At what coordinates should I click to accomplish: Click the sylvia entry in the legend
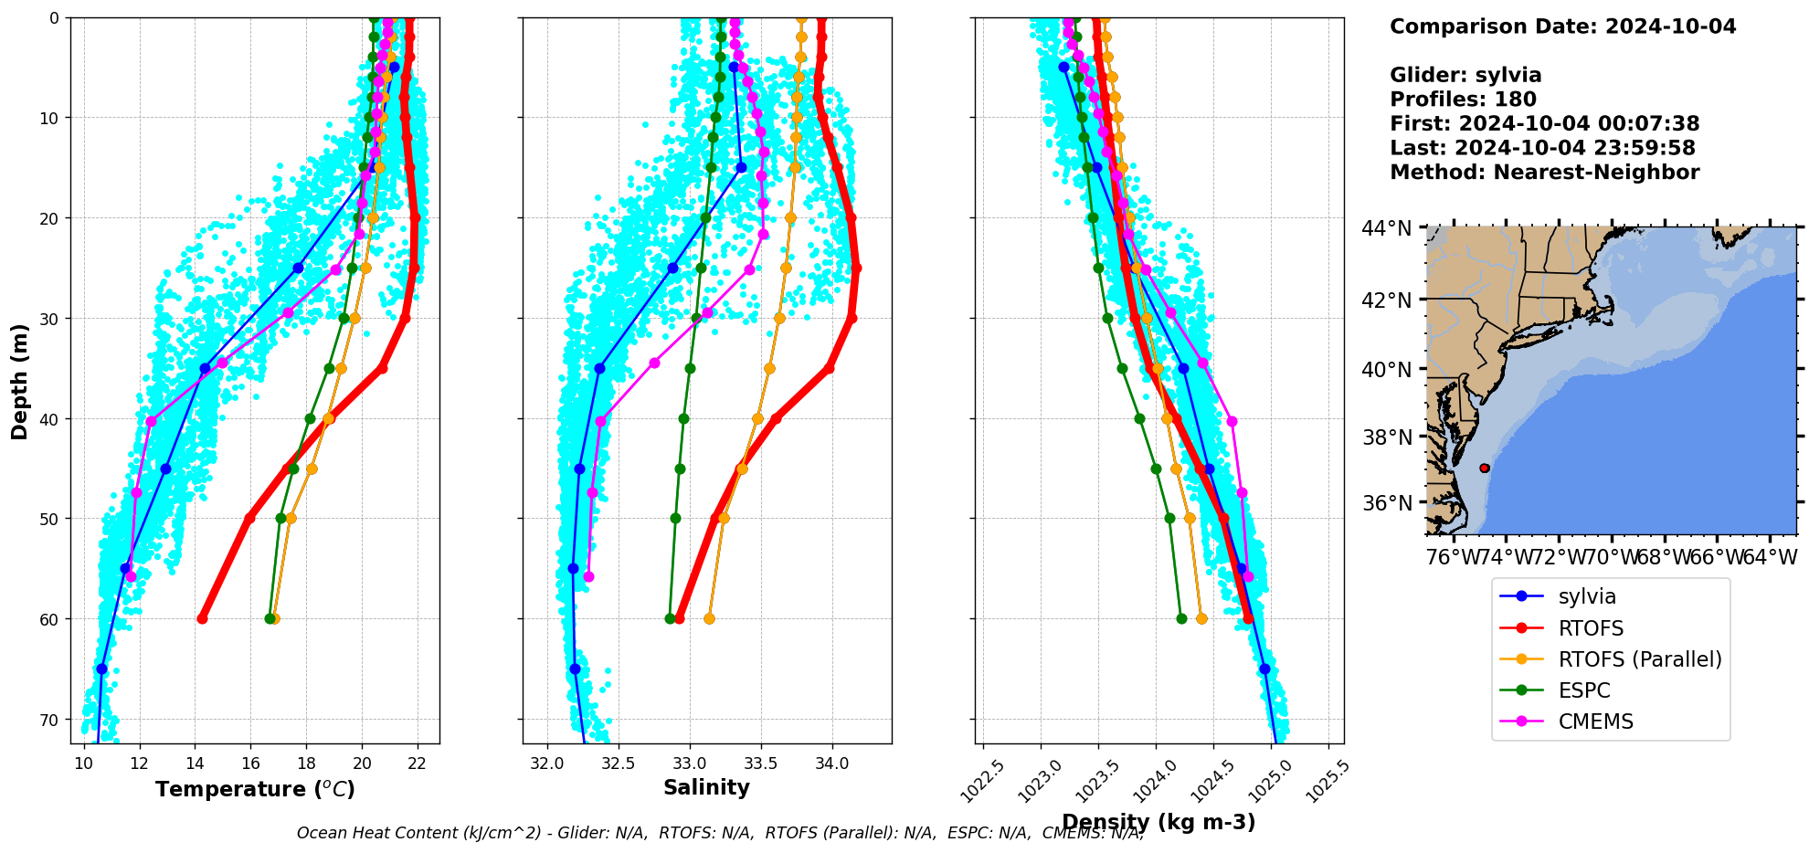coord(1586,596)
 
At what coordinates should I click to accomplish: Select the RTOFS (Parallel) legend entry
coord(1639,659)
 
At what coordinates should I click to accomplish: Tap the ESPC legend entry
coord(1583,690)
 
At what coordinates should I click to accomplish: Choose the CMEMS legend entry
coord(1595,721)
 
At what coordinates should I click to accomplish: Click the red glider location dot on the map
coord(1485,468)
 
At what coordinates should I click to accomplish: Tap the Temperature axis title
coord(255,789)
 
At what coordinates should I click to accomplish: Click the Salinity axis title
coord(706,788)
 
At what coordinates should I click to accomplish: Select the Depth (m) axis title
coord(19,381)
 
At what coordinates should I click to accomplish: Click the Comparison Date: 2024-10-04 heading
coord(1562,26)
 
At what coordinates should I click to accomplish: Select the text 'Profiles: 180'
coord(1463,100)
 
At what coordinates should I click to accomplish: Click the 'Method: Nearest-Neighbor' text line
coord(1544,173)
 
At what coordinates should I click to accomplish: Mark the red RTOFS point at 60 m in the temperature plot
coord(202,618)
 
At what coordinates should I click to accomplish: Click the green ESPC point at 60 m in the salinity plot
coord(670,618)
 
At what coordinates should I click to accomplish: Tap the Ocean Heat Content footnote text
coord(720,833)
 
